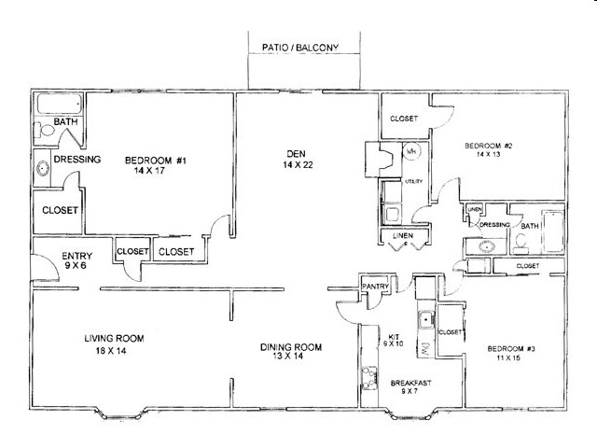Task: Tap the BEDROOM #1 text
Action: [156, 161]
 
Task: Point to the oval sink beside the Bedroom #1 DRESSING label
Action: [41, 170]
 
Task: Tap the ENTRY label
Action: [76, 256]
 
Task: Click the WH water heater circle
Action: [411, 150]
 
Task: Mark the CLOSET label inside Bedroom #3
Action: [451, 331]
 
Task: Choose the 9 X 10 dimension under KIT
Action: [391, 343]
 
